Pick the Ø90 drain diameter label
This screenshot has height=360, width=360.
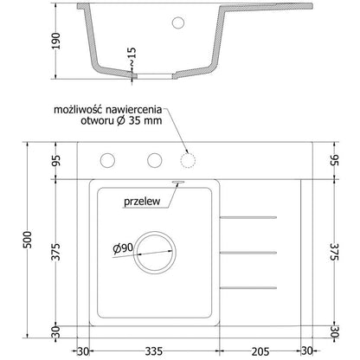click(121, 249)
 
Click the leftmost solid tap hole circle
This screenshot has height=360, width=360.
click(109, 159)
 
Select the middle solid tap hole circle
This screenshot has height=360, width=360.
click(154, 159)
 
